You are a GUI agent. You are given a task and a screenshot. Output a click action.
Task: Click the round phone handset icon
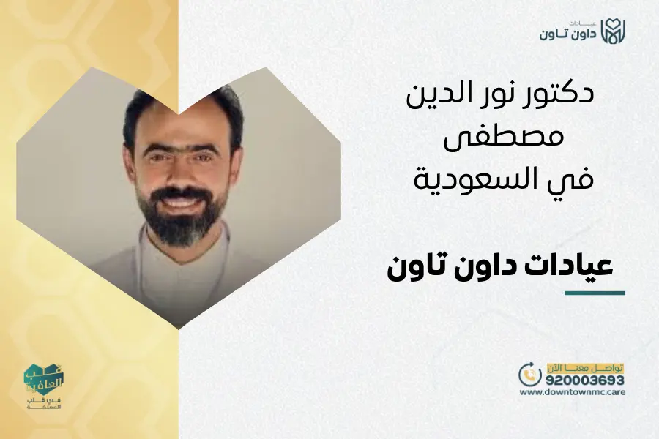[530, 375]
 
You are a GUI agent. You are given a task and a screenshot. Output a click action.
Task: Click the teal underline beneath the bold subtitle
[595, 293]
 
